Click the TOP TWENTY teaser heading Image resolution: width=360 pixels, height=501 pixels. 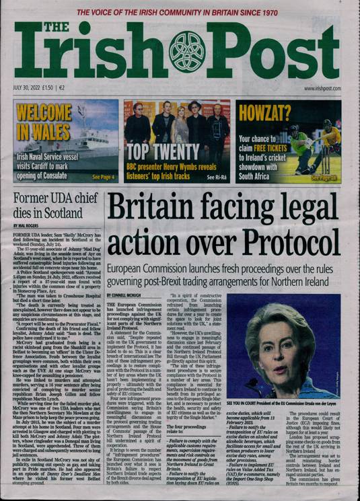click(158, 151)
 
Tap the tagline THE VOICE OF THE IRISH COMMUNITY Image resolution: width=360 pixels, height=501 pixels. click(178, 13)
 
